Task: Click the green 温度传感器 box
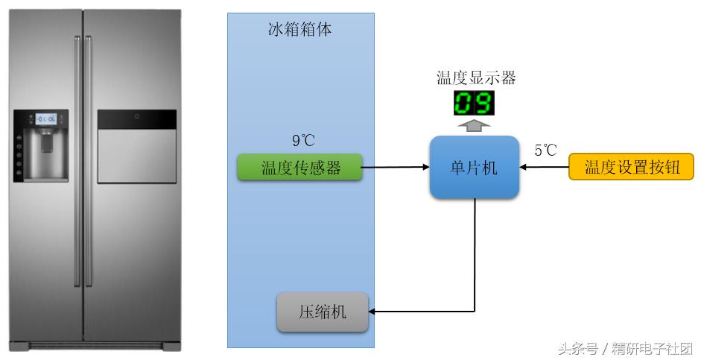[299, 168]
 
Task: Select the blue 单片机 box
[474, 168]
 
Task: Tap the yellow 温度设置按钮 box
[632, 168]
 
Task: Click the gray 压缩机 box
[323, 312]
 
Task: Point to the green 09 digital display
[474, 103]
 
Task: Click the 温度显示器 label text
[475, 78]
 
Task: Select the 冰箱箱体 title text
[299, 31]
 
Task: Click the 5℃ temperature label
[545, 151]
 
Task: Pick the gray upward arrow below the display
[474, 124]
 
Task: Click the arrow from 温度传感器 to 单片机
[396, 168]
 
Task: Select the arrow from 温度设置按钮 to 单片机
[544, 168]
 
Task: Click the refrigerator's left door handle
[77, 160]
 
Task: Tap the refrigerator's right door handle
[89, 160]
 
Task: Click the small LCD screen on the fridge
[46, 119]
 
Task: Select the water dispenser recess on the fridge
[46, 153]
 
